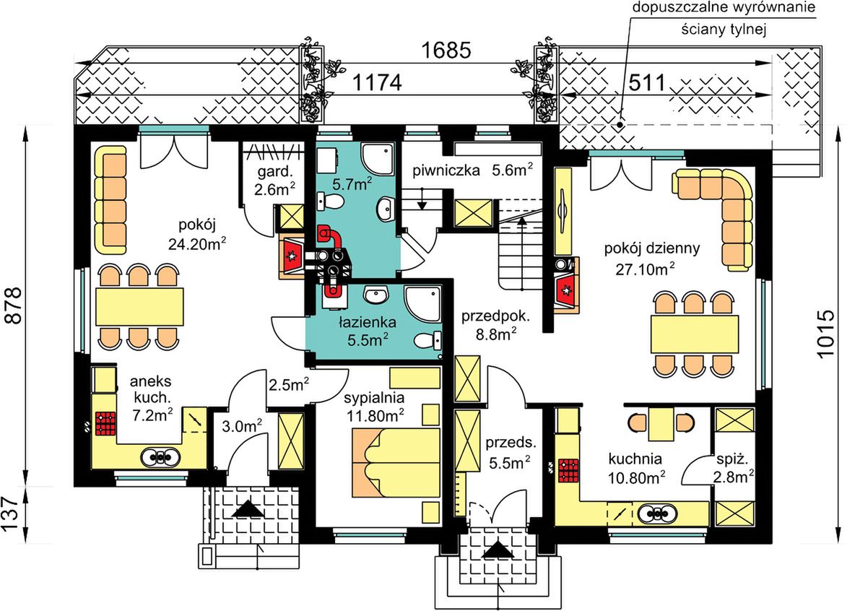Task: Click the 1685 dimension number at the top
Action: point(446,51)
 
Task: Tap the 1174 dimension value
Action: point(377,82)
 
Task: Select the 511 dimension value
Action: point(647,82)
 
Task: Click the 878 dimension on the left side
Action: point(14,305)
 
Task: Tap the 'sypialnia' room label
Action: point(374,398)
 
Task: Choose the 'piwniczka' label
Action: point(446,171)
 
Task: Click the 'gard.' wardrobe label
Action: point(275,173)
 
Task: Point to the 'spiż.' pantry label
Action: point(732,460)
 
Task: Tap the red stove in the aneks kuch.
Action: point(106,423)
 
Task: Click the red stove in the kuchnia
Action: point(568,470)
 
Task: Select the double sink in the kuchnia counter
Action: point(656,513)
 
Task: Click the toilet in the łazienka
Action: point(428,340)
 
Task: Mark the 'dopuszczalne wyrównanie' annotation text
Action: point(724,8)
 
